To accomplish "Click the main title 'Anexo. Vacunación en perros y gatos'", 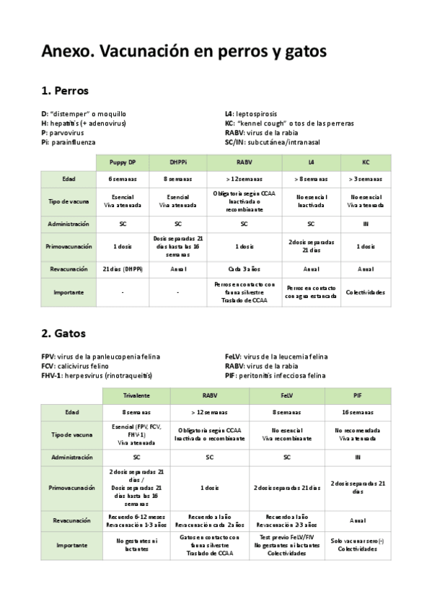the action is click(184, 52).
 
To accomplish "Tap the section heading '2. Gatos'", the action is click(64, 334).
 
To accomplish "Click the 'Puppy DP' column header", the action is click(123, 162).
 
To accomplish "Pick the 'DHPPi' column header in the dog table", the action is click(178, 162).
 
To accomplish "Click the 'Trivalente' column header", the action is click(136, 396).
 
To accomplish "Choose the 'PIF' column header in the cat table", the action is click(358, 396).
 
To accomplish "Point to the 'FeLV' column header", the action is click(287, 396).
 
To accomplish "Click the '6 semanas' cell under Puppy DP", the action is click(123, 179).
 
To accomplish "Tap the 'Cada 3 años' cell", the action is click(244, 268).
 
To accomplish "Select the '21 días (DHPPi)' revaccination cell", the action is click(123, 268).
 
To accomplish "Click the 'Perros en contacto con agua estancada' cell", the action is click(311, 292).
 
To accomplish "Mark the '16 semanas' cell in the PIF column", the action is click(358, 412).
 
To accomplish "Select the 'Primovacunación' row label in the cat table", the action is click(71, 488).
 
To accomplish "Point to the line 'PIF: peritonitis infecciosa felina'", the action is click(275, 375).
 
